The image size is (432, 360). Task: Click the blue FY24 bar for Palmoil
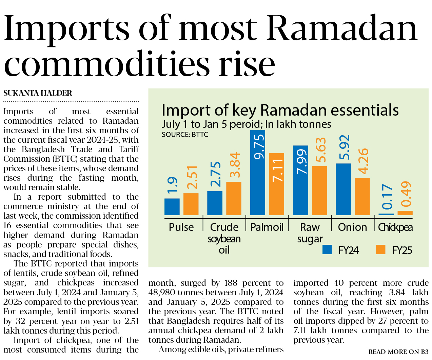pos(257,173)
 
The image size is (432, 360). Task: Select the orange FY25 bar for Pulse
pos(191,204)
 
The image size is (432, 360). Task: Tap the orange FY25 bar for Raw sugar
pos(319,191)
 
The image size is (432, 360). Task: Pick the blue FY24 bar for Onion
pos(343,189)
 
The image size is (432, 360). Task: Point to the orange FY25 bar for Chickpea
pos(405,213)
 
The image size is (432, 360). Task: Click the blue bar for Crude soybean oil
pos(215,203)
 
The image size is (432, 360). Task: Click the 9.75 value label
pos(259,147)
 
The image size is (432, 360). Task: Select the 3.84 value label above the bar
pos(235,165)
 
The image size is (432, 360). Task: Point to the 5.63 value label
pos(320,150)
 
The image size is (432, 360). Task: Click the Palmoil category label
pos(267,227)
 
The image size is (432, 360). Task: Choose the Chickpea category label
pos(395,227)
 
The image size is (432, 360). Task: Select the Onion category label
pos(352,227)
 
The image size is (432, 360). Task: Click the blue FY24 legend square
pos(327,249)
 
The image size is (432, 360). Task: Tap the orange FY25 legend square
pos(381,249)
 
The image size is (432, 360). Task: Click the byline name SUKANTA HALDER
pos(38,93)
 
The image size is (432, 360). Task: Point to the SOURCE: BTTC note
pos(185,135)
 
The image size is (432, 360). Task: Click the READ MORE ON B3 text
pos(398,352)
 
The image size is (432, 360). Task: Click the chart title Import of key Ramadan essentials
pos(280,110)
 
